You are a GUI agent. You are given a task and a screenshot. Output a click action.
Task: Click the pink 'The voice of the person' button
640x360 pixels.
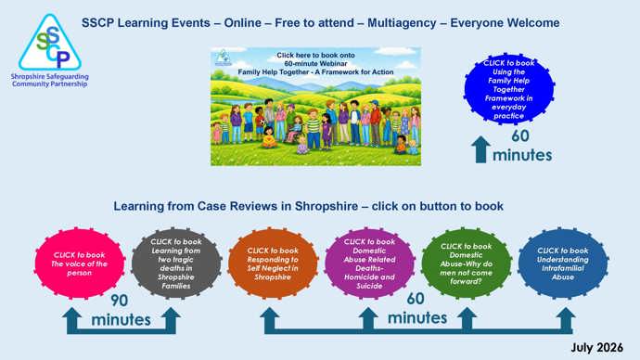[79, 264]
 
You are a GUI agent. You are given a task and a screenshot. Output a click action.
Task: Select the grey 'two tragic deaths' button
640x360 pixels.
[176, 264]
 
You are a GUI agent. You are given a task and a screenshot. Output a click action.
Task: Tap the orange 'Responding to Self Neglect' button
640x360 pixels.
[273, 264]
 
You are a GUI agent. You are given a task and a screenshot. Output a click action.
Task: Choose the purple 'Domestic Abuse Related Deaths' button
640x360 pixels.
[369, 264]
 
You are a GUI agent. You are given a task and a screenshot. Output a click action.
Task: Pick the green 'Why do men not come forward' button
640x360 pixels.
[467, 264]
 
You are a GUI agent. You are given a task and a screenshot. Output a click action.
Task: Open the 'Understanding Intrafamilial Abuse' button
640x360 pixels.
[563, 264]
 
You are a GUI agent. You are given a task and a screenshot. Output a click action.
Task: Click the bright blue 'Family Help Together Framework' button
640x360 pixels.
[508, 88]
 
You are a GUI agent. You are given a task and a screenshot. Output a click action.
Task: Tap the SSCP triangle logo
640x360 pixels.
[50, 43]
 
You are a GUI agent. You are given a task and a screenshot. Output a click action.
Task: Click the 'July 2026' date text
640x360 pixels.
[596, 347]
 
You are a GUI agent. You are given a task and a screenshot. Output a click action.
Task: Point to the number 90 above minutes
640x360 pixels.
[119, 301]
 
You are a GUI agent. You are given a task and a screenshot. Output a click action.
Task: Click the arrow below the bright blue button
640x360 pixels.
[480, 149]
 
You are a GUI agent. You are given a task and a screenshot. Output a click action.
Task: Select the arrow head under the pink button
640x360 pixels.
[72, 315]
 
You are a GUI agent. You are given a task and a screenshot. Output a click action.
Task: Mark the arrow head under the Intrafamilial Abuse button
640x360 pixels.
[566, 315]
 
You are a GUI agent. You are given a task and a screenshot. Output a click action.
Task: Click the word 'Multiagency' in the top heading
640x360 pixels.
[402, 23]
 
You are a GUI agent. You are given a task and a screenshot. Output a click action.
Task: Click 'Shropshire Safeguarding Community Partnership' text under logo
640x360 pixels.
[50, 80]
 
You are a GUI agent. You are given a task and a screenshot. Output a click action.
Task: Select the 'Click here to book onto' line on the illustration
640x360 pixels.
[315, 55]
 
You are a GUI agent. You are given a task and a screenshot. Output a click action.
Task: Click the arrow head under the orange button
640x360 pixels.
[270, 315]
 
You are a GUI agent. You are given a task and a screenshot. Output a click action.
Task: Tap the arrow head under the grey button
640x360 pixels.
[171, 315]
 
